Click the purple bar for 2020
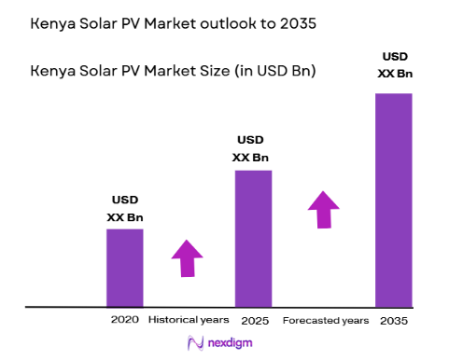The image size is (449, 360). (124, 268)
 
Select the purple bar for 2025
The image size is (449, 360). (252, 238)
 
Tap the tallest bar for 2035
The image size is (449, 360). (393, 200)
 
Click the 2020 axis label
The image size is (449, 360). (124, 319)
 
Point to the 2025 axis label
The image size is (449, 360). (252, 319)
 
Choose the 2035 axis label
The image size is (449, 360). (394, 319)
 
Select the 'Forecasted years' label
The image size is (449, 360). (326, 319)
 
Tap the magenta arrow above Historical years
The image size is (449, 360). (187, 257)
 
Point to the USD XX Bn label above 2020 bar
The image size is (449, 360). (126, 208)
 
